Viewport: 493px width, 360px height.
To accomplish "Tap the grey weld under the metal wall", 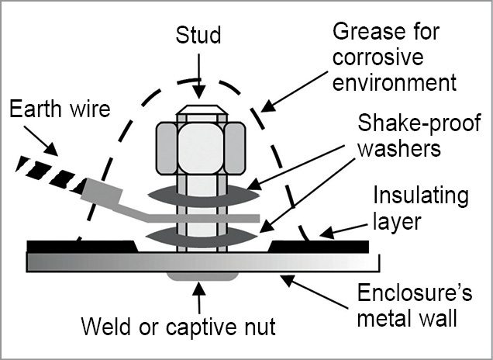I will [202, 275].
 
